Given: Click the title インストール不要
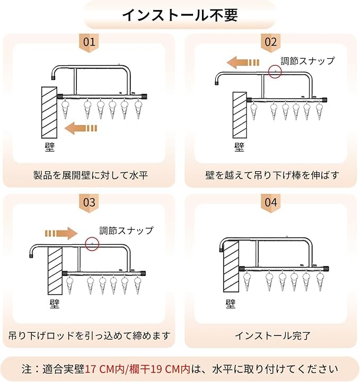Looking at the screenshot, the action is pyautogui.click(x=180, y=15).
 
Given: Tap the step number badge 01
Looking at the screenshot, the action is pyautogui.click(x=89, y=42).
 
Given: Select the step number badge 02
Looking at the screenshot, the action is pyautogui.click(x=271, y=42).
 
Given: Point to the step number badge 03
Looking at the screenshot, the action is pyautogui.click(x=89, y=203).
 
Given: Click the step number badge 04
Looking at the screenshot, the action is pyautogui.click(x=271, y=203).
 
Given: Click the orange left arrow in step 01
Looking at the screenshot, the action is pyautogui.click(x=81, y=128).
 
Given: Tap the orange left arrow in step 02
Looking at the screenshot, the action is pyautogui.click(x=243, y=63).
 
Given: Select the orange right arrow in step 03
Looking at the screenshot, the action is pyautogui.click(x=62, y=234).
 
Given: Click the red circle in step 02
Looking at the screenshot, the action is pyautogui.click(x=275, y=72).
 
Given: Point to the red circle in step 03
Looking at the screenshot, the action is pyautogui.click(x=92, y=244).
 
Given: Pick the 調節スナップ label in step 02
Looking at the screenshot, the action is pyautogui.click(x=308, y=61).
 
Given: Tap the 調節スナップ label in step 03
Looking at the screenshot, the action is pyautogui.click(x=126, y=230).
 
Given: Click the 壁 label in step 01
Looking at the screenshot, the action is pyautogui.click(x=50, y=147).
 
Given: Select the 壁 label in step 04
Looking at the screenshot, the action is pyautogui.click(x=231, y=304).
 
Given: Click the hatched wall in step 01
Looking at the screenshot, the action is pyautogui.click(x=49, y=112).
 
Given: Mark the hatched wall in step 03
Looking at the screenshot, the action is pyautogui.click(x=55, y=271).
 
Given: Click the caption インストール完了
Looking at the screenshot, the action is pyautogui.click(x=273, y=336).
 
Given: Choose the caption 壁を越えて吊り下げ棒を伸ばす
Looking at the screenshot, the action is pyautogui.click(x=273, y=175).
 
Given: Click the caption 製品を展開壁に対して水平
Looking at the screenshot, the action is pyautogui.click(x=91, y=175).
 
